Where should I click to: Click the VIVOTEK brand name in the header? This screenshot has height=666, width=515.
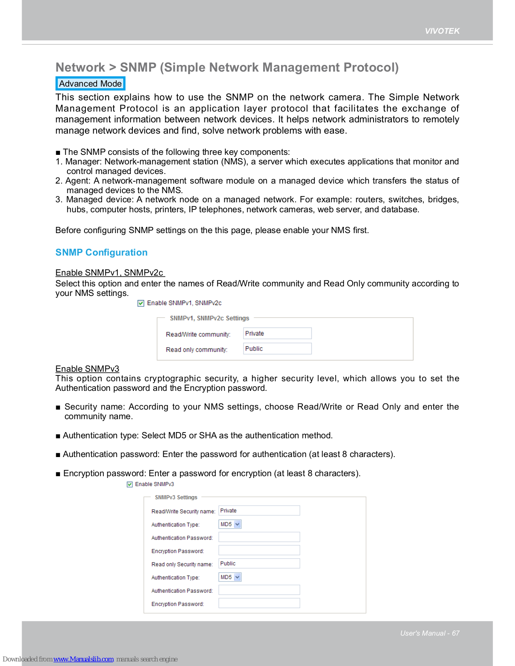442,31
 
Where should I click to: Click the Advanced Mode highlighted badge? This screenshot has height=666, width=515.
90,84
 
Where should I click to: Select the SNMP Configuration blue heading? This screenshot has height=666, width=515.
101,253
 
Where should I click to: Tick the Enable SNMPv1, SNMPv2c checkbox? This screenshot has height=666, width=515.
141,303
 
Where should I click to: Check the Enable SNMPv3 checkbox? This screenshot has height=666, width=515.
130,485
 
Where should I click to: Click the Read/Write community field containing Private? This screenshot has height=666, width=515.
277,333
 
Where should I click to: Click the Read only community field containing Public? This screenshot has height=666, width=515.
277,349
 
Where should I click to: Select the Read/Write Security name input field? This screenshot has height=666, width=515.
259,511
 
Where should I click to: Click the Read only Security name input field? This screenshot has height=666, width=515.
259,564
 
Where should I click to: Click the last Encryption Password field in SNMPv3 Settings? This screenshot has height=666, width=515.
259,604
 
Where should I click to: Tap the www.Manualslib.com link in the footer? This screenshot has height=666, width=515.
83,659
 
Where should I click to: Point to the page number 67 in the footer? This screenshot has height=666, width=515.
455,634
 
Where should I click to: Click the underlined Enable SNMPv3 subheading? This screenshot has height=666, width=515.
87,369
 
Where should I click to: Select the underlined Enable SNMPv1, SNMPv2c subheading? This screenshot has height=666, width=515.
109,273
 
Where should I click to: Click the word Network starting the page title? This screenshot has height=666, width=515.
80,67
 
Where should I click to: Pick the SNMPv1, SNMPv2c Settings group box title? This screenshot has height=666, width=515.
209,318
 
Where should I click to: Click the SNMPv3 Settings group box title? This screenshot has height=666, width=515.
176,497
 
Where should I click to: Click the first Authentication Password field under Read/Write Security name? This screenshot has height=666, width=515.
259,537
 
